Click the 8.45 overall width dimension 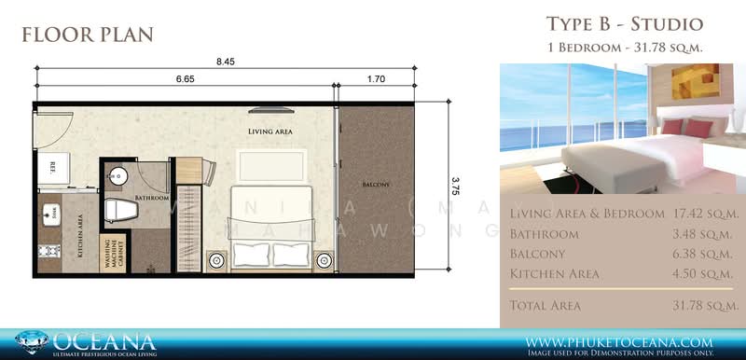[225, 63]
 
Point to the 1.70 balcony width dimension [378, 80]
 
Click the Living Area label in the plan [270, 132]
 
